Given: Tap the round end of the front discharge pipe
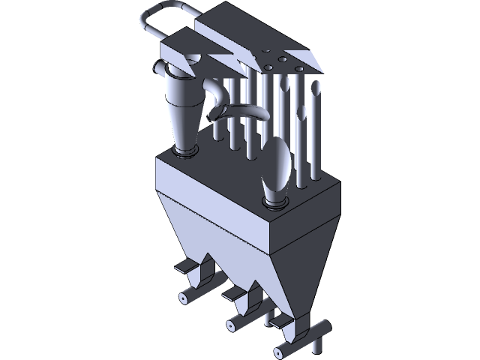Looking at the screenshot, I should click(278, 349).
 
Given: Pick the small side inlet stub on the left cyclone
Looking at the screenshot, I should click(159, 70).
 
